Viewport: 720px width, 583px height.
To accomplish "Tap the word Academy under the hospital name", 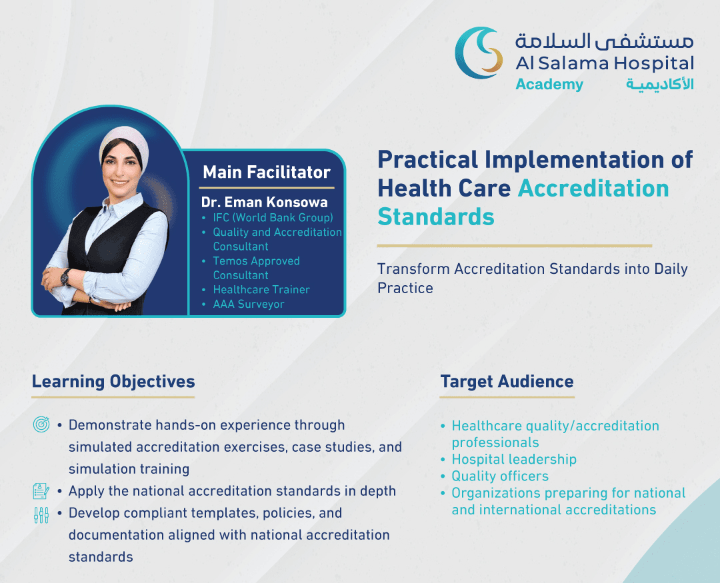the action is pos(549,85).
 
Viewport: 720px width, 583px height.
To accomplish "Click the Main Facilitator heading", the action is pos(267,172).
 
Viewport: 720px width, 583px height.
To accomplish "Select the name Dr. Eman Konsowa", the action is pos(265,202).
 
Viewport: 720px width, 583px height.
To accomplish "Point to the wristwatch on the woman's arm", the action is pos(65,277).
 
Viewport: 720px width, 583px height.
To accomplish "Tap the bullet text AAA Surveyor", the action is pos(249,304).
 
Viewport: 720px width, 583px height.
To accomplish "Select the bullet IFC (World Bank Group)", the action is pos(273,218).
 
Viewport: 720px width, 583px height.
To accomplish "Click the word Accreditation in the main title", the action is pos(593,188).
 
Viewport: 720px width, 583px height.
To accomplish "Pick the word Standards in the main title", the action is pos(436,217).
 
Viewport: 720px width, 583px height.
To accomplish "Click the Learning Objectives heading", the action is pos(113,382).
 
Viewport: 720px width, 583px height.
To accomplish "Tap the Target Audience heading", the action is pos(507,382).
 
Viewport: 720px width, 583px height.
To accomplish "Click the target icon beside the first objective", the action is pos(41,424).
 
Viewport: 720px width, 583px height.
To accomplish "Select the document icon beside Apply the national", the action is pos(41,491).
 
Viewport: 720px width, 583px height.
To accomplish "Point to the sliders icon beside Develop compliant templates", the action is pos(41,515).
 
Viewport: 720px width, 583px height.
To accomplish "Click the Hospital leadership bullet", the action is pos(514,459).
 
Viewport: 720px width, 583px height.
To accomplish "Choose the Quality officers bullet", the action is pos(500,476).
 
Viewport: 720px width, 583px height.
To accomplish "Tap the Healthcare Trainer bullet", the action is pos(261,290).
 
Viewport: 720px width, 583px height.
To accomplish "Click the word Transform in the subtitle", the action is pos(413,269).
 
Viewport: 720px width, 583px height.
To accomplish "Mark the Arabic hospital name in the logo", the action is pos(604,41).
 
